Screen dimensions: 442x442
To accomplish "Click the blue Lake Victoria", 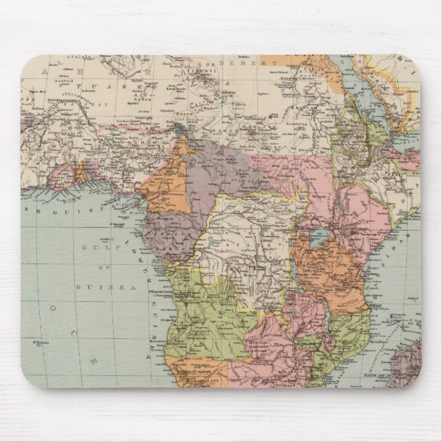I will [x=317, y=240].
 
